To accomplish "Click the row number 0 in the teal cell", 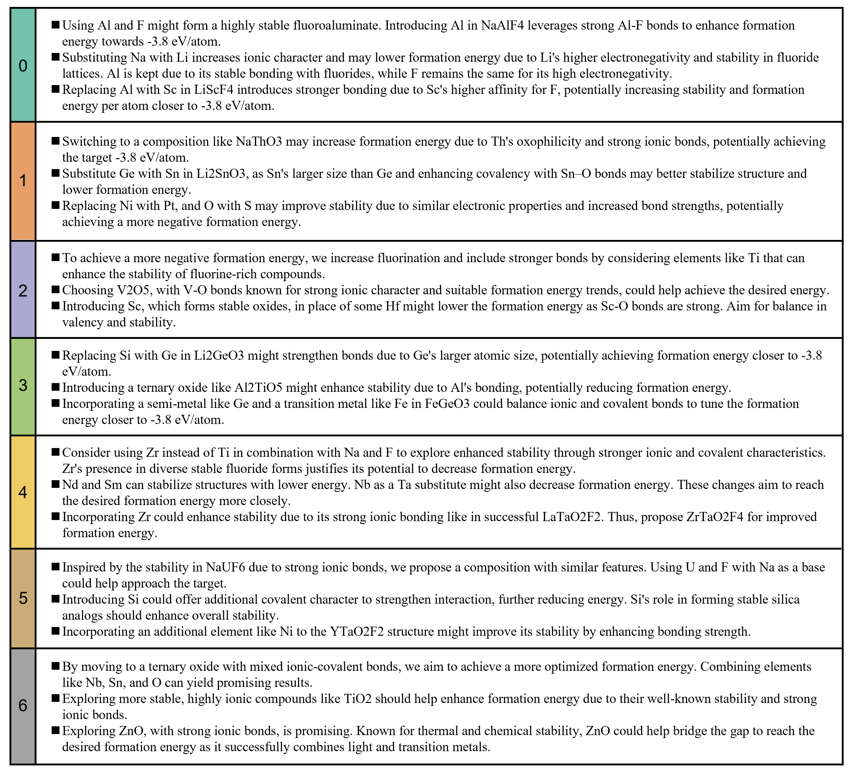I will [23, 66].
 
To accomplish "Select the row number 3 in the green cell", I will [23, 385].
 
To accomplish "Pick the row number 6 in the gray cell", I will [23, 706].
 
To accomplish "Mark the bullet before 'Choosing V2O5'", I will [55, 290].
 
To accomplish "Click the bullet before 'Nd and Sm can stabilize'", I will [55, 484].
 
